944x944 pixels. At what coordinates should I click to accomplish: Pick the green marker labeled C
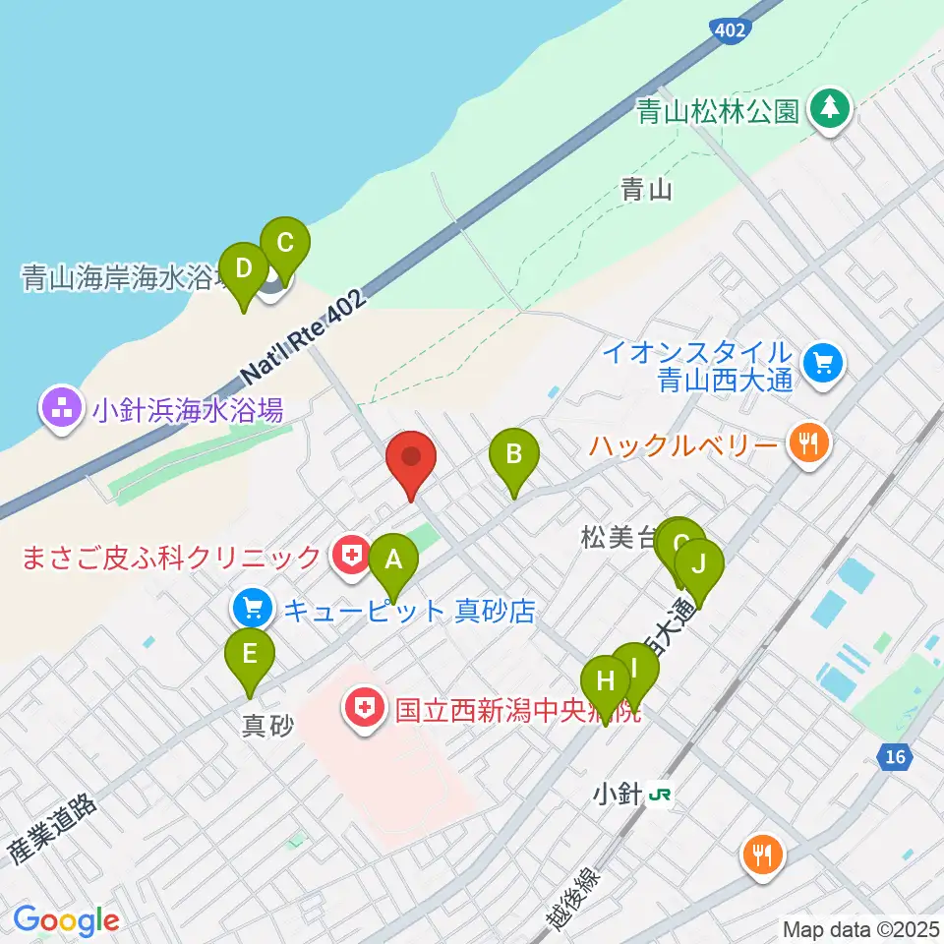(x=284, y=245)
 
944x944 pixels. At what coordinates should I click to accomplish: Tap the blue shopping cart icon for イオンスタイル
(x=821, y=364)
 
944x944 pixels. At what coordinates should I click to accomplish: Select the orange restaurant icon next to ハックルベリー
(x=808, y=443)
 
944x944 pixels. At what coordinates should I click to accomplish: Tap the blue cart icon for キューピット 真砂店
(x=253, y=608)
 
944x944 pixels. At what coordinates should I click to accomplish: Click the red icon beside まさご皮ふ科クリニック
(x=349, y=557)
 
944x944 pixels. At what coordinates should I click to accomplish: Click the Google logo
(x=66, y=920)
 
